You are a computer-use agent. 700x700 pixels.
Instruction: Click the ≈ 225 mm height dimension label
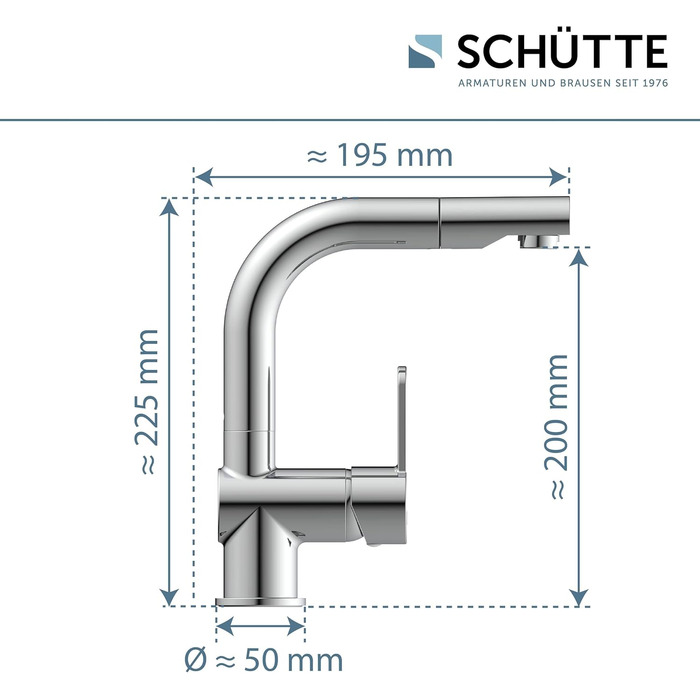148,400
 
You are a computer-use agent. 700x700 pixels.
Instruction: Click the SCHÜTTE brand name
562,51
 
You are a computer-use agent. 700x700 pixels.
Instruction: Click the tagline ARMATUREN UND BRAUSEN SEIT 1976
562,83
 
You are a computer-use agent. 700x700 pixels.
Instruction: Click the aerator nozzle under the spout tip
538,240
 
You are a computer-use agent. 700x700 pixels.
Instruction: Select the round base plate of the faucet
261,600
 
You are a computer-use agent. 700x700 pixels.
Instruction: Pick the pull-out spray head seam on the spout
441,222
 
